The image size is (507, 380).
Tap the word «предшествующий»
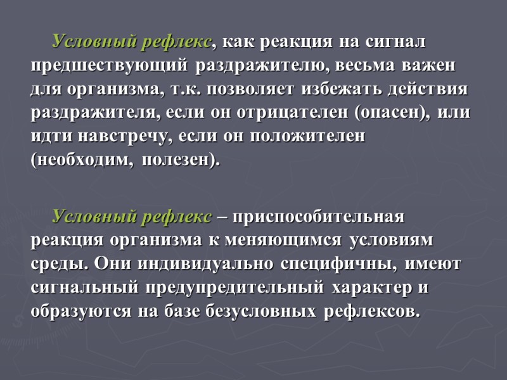[x=109, y=66]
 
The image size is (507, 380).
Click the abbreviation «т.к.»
[x=189, y=89]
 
